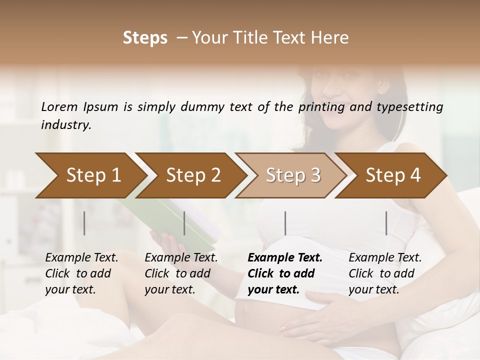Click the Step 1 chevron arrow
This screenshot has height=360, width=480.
93,175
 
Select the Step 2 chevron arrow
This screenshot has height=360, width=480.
193,175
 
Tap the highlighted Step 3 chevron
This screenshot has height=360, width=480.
293,175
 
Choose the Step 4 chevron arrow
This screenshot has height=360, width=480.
393,175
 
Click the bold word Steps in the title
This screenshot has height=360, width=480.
145,38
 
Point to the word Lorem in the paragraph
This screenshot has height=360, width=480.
59,106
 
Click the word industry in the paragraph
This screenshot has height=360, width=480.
65,125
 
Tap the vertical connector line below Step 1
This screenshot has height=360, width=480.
84,223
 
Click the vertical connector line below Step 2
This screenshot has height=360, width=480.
184,223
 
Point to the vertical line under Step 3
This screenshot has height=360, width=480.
285,223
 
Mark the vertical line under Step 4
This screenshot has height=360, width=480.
386,223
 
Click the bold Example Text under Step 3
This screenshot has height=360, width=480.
285,258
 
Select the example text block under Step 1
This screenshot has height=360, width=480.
81,273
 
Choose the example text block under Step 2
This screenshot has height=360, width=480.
181,273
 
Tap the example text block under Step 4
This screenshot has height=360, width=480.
385,273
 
